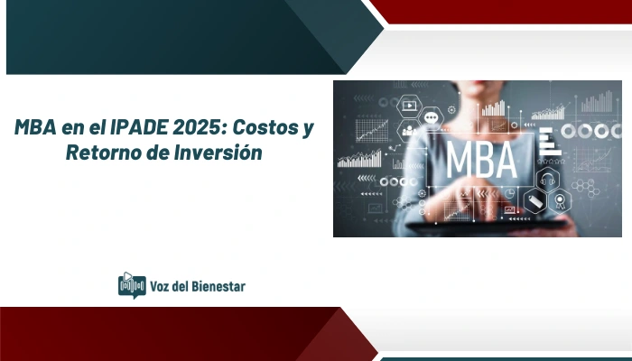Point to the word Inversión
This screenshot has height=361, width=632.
click(216, 153)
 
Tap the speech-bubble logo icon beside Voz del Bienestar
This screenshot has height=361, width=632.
click(132, 285)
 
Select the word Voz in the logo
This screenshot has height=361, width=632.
click(163, 286)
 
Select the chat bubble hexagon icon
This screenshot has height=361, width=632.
click(432, 118)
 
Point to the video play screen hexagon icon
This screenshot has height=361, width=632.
click(409, 106)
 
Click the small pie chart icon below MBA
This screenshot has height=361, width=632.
click(508, 193)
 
